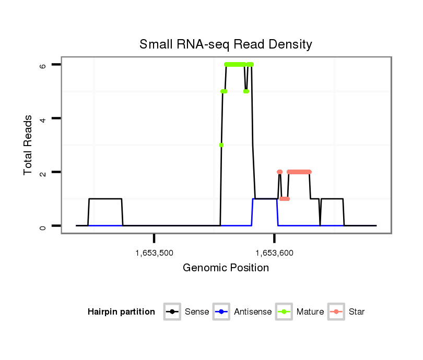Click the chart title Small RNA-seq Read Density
226,44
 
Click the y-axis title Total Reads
29,145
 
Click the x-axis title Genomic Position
226,268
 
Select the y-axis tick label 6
42,65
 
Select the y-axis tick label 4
42,118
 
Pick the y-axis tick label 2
42,172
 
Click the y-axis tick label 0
42,226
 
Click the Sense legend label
197,312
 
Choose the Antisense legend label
253,312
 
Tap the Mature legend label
310,312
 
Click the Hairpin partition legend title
121,312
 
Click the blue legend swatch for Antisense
222,312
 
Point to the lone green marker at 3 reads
221,145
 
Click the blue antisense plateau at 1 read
265,199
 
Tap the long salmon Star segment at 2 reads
299,172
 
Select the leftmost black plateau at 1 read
105,199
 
